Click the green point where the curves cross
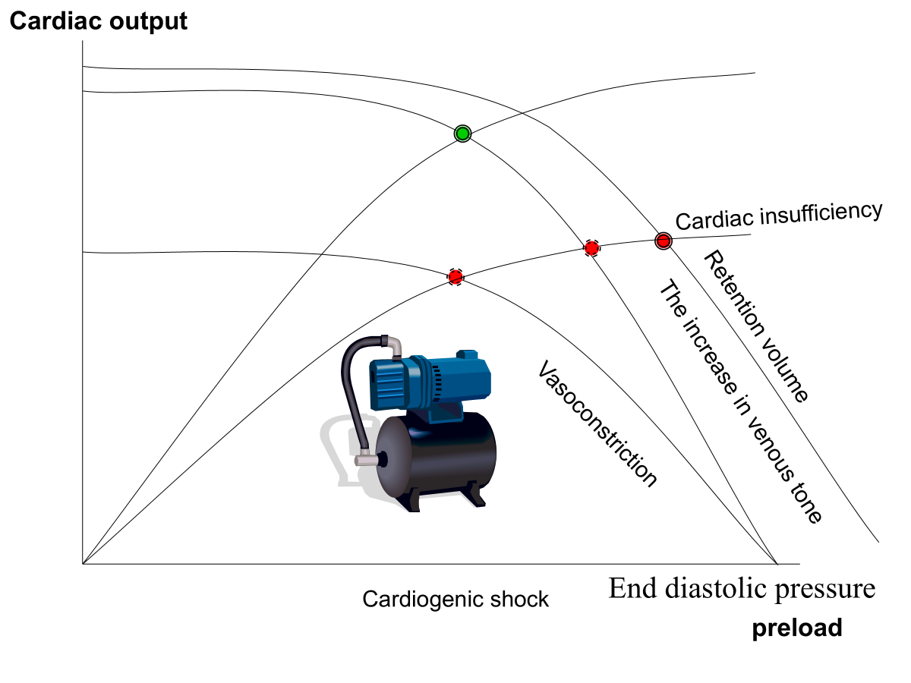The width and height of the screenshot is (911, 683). [462, 134]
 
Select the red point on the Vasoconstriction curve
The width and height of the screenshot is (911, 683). [455, 277]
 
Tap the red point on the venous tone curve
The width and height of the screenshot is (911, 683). [592, 247]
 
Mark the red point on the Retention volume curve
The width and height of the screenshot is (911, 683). [664, 241]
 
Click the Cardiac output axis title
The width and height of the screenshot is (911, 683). [98, 21]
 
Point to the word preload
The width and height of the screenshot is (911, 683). [797, 628]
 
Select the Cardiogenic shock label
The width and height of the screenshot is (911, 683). [455, 600]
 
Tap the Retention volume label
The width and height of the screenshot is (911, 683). [758, 326]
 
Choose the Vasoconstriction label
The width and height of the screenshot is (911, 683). [597, 423]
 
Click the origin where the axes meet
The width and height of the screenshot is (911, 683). [82, 564]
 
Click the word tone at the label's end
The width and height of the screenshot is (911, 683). [806, 507]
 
